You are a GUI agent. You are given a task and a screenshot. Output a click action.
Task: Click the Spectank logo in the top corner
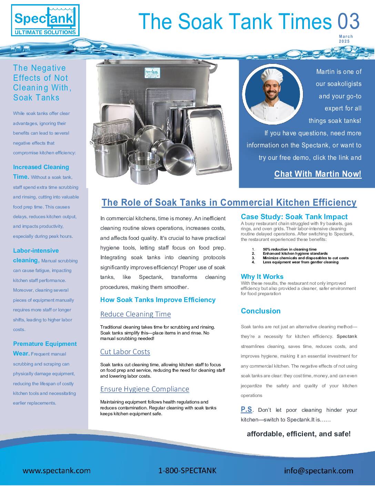(45, 20)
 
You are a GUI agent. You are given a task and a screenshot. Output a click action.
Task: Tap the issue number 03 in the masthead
(348, 21)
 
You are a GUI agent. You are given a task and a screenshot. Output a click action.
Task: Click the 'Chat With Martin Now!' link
(318, 174)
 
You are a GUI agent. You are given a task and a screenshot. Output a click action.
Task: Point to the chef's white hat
(271, 75)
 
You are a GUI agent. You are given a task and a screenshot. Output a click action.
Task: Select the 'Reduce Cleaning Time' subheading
(135, 314)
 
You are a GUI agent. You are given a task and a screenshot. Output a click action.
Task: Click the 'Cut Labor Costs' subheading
(125, 352)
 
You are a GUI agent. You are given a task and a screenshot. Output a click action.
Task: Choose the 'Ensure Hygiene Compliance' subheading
(144, 389)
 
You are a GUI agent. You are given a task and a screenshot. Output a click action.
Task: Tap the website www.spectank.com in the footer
(57, 470)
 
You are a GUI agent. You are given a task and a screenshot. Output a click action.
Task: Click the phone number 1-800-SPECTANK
(187, 470)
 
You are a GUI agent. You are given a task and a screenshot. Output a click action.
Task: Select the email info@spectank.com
(318, 470)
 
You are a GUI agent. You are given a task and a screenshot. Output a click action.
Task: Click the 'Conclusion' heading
(261, 311)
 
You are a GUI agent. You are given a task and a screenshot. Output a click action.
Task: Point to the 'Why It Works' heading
(262, 276)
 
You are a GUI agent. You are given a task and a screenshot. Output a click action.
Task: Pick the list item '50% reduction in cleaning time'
(290, 249)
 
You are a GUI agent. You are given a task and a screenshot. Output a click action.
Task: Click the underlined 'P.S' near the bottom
(246, 410)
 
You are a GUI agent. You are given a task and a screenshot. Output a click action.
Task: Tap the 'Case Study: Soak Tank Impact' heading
(294, 217)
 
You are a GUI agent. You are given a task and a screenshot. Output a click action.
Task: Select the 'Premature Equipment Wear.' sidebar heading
(45, 348)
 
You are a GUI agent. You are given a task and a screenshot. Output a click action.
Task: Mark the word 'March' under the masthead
(346, 36)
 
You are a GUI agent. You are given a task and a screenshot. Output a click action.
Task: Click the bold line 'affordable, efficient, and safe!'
(298, 434)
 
